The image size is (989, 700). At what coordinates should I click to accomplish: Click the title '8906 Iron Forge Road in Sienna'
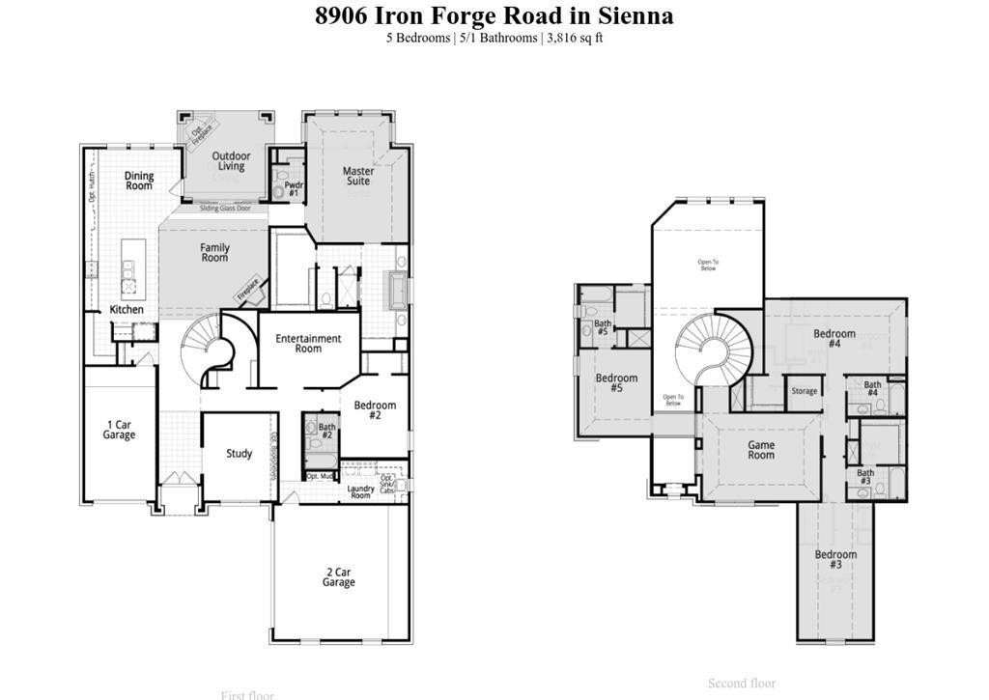click(x=494, y=15)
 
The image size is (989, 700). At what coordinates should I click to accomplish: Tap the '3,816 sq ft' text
click(x=575, y=38)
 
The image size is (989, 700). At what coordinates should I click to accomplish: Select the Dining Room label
click(x=139, y=181)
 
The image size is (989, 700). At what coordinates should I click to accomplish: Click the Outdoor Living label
click(x=231, y=161)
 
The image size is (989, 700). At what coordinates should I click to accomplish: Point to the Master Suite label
click(x=358, y=176)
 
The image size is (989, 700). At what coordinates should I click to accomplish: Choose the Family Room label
click(x=214, y=253)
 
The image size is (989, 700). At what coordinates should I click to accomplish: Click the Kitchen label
click(x=127, y=310)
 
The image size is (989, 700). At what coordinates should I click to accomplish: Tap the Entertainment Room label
click(x=308, y=344)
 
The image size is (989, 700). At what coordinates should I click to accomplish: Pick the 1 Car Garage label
click(x=119, y=430)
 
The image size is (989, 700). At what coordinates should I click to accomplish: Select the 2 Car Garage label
click(x=338, y=577)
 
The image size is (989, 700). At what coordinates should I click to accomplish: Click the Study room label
click(x=239, y=454)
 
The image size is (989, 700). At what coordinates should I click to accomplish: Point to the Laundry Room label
click(x=360, y=491)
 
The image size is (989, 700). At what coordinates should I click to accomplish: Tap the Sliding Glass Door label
click(x=225, y=209)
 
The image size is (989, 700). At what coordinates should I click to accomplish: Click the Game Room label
click(x=761, y=450)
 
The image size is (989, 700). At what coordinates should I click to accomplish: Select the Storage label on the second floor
click(x=804, y=391)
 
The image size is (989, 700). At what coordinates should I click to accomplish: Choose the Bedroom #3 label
click(x=835, y=559)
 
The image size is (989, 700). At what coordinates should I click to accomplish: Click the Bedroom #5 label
click(x=616, y=383)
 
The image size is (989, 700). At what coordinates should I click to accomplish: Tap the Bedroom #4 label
click(x=834, y=339)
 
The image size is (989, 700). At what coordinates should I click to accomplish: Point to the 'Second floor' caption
click(x=741, y=684)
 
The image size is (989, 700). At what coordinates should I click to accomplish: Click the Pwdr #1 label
click(x=294, y=189)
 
